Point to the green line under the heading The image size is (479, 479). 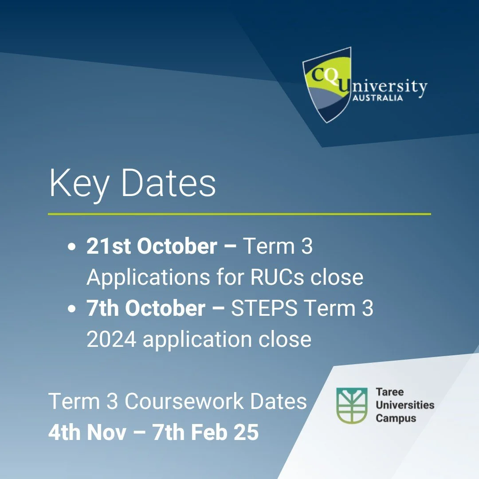click(x=239, y=214)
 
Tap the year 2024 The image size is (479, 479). click(x=111, y=339)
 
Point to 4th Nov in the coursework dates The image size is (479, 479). click(x=87, y=432)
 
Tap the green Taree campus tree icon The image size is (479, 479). click(x=352, y=405)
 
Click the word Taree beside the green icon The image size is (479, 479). click(x=389, y=393)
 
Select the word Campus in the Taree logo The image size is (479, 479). click(x=396, y=418)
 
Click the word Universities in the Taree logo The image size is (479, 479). click(x=404, y=405)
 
